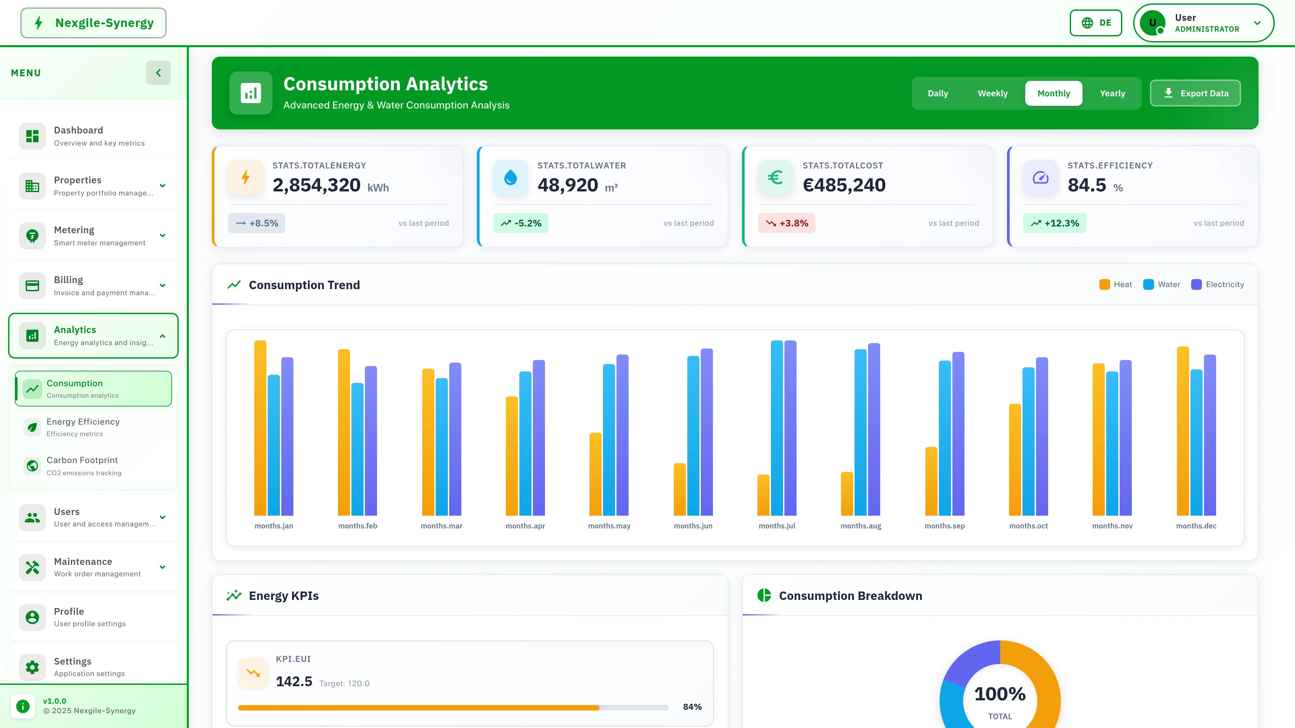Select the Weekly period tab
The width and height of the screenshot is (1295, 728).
coord(992,93)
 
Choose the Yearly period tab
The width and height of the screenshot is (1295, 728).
coord(1112,93)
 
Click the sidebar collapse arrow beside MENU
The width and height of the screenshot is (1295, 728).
coord(159,73)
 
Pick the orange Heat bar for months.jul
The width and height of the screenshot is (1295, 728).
coord(763,495)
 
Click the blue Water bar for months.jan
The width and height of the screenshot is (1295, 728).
coord(274,445)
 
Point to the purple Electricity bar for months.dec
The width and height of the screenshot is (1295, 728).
coord(1210,434)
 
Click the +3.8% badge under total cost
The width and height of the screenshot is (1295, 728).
coord(787,223)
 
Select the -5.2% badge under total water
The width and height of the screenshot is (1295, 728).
coord(520,223)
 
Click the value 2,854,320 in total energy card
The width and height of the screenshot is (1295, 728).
coord(316,185)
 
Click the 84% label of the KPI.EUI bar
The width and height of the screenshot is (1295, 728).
coord(692,707)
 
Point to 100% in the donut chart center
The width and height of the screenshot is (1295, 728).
coord(999,694)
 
